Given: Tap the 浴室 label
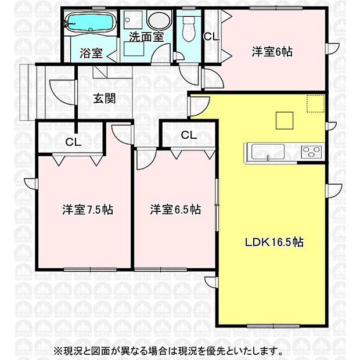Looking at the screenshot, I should coord(91,54).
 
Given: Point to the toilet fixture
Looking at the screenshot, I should coord(188,25).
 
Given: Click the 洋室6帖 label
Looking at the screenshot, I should coord(271,51).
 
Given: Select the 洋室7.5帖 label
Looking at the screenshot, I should coord(88,209).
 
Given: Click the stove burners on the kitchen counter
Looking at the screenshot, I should coord(311,152).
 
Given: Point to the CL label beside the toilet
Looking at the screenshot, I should coord(211,36).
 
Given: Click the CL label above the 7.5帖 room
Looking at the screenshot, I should coord(73,141).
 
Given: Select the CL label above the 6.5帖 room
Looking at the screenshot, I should coord(188,135).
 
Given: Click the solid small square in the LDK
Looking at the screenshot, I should coord(285,120).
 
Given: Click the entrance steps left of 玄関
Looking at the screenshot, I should coord(28,91).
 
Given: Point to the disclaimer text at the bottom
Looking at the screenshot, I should coord(168,351).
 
